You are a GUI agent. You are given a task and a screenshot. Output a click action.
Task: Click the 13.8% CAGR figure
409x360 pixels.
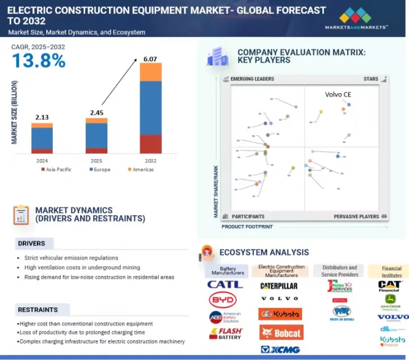pos(38,61)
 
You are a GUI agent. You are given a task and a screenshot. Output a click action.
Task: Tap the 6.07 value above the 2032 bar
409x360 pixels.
pos(150,57)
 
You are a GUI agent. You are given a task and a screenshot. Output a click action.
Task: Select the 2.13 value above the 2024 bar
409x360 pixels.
pos(41,118)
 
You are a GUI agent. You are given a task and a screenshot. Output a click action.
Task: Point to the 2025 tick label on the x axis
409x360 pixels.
pos(96,161)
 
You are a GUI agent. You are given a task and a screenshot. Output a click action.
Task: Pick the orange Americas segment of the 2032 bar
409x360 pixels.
pos(150,72)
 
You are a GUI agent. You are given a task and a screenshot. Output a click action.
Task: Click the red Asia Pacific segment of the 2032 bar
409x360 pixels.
pos(150,144)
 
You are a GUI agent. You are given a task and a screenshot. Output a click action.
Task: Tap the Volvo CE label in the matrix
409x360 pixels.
pos(338,94)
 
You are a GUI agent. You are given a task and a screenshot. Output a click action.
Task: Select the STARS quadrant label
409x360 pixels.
pos(370,79)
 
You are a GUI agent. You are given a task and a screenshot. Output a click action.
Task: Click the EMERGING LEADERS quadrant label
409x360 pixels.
pos(252,79)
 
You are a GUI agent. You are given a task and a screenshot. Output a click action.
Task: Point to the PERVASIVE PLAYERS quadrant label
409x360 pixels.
pos(356,216)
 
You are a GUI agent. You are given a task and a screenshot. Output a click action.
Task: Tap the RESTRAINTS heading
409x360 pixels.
pos(37,309)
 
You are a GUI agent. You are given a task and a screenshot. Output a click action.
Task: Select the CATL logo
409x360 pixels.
pos(224,284)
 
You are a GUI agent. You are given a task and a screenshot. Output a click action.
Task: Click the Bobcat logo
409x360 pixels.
pos(281,332)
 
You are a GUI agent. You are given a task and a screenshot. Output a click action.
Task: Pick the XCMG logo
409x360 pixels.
pos(280,349)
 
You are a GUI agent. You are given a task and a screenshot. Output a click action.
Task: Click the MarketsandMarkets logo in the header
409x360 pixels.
pos(356,19)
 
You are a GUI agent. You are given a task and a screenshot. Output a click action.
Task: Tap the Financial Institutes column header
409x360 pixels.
pos(391,271)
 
